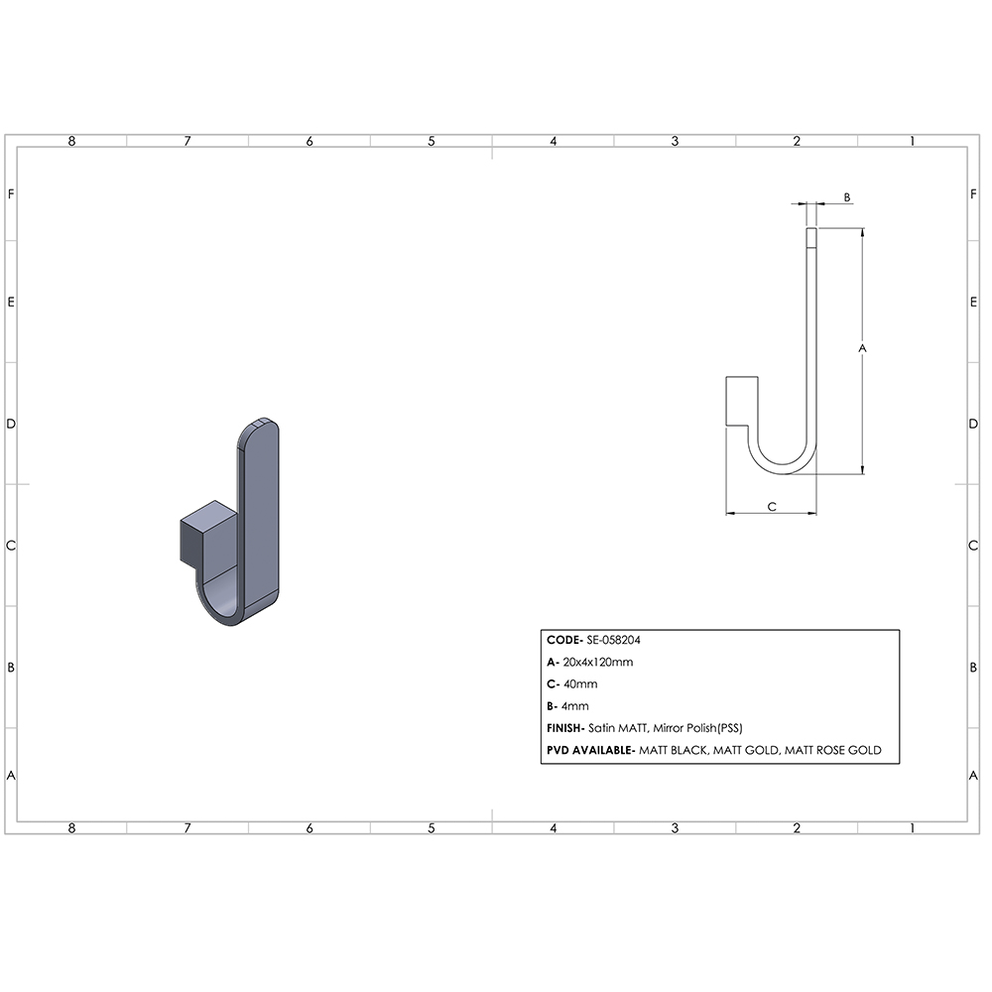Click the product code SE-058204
tap(614, 640)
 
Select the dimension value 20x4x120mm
tap(598, 663)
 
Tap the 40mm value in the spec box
tap(580, 684)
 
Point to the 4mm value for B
tap(575, 706)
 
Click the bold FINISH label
tap(565, 728)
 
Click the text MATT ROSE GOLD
tap(833, 750)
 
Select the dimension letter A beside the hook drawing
tap(862, 348)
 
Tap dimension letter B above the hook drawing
tap(847, 197)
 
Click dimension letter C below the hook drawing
tap(772, 507)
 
